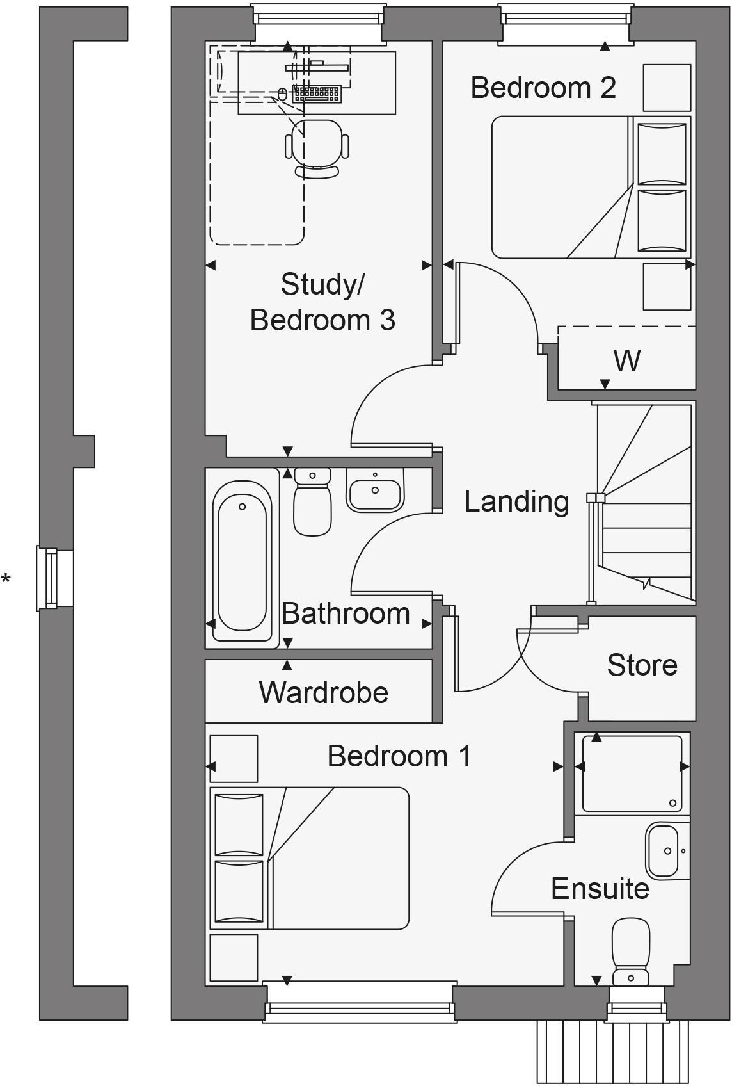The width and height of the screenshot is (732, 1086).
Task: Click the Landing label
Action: pos(516,501)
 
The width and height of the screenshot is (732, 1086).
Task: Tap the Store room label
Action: pos(642,665)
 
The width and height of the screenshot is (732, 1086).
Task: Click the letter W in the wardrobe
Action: pos(626,361)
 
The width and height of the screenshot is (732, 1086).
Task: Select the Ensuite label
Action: pos(600,889)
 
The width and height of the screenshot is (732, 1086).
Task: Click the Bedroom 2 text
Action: pos(543,88)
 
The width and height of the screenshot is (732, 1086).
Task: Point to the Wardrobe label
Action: pos(323,693)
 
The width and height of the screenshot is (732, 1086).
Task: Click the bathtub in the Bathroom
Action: pos(242,556)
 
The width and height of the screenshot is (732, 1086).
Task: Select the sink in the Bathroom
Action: pos(375,490)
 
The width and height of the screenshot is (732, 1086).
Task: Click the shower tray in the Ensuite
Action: pos(631,773)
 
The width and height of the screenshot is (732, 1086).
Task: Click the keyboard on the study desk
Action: pos(316,94)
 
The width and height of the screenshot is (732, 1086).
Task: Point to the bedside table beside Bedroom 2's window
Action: pos(666,88)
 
